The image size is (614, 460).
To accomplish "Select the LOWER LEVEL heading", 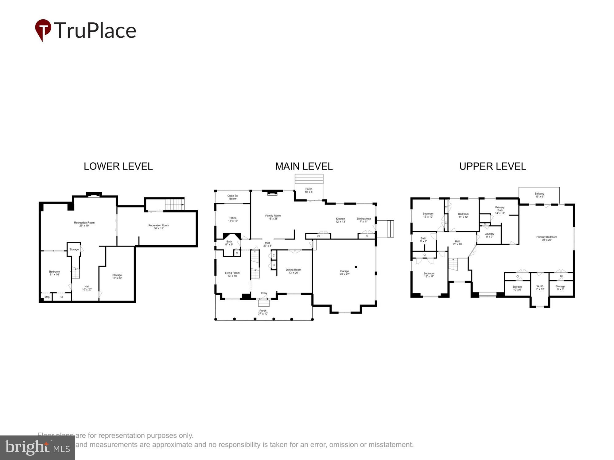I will pos(118,166).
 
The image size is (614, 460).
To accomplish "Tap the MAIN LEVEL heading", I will pos(304,166).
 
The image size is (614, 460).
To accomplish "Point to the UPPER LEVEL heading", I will pos(492,166).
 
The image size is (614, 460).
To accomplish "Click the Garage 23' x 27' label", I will pos(344,272).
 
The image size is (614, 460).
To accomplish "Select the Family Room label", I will pos(273,217).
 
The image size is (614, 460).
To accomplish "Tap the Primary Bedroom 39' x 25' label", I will pos(546,238).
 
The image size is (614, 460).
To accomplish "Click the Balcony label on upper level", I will pos(539,195).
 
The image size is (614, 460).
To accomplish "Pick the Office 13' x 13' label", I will pos(233,219).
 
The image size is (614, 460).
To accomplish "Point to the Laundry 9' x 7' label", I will pos(489,235).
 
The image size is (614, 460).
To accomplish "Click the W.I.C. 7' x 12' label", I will pos(540,288).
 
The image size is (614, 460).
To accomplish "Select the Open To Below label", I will pos(233,197).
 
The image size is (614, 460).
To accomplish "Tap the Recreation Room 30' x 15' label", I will pos(159,227).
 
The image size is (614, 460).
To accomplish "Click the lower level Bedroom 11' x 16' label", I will pos(55,273).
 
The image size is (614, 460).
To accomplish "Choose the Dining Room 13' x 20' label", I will pos(293,271).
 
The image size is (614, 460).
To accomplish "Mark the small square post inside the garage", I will pos(356,267).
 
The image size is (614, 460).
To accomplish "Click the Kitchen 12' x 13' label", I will pos(340,220).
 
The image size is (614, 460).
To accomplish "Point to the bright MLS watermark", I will pos(37,448).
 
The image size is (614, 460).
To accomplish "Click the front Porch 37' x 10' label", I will pos(263,312).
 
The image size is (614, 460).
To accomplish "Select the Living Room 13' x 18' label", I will pos(232,274).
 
